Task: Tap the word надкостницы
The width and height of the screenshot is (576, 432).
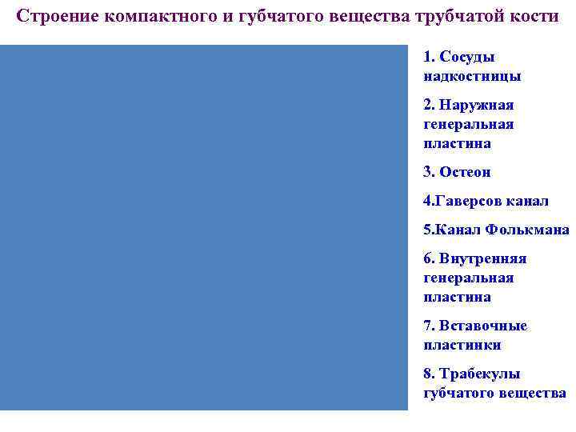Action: pos(472,76)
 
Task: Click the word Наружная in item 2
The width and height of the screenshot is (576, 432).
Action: pos(477,105)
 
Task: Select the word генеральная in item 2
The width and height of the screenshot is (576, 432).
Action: pos(469,124)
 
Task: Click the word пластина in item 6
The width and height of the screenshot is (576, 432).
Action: pos(457,297)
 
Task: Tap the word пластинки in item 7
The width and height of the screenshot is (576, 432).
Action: pos(462,345)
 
